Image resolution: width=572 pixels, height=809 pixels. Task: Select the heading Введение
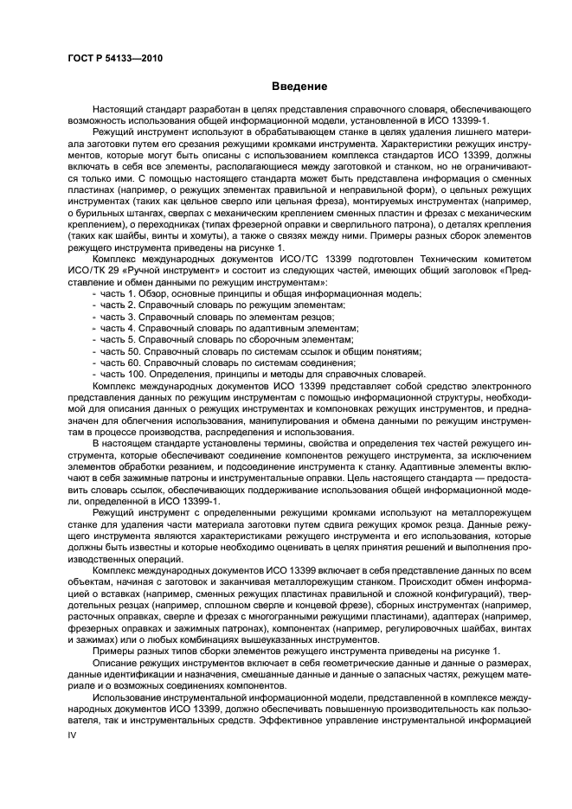[x=298, y=87]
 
